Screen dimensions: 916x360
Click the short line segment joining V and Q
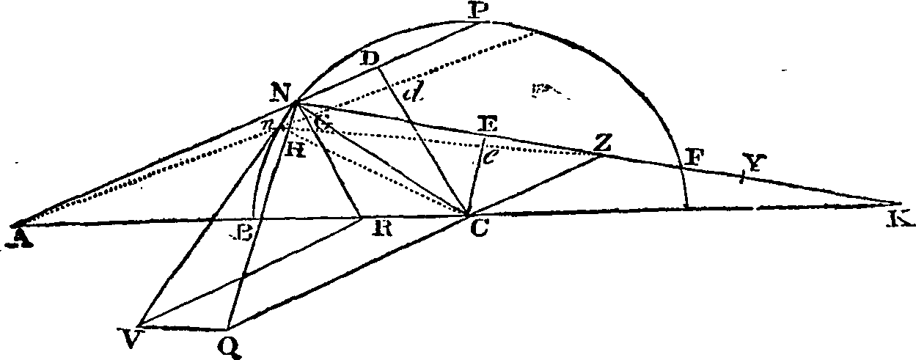coord(183,327)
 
